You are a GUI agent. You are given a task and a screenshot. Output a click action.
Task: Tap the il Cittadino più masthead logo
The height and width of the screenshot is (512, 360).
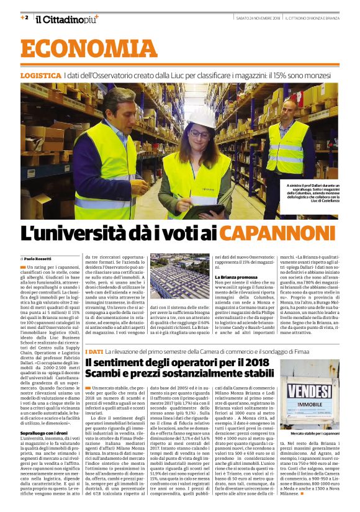[x=66, y=19]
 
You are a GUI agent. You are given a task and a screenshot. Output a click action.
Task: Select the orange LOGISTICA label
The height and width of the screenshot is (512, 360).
[x=40, y=75]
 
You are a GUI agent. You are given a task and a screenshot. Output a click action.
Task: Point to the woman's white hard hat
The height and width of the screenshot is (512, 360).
[x=199, y=117]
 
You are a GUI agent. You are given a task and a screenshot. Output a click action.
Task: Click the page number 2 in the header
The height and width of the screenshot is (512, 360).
[x=25, y=17]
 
